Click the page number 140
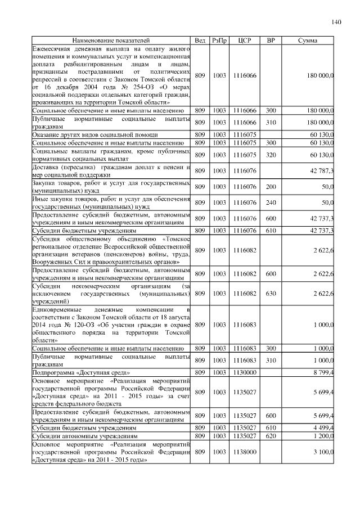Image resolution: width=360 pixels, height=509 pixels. click(x=336, y=22)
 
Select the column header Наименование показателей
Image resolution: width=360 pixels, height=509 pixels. click(x=111, y=40)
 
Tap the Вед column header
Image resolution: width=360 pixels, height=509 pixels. click(x=200, y=40)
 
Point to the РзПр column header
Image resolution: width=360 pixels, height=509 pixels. click(x=219, y=40)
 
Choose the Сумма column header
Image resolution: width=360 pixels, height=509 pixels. click(x=307, y=40)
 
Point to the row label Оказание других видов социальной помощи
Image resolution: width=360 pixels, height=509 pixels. click(x=92, y=135)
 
